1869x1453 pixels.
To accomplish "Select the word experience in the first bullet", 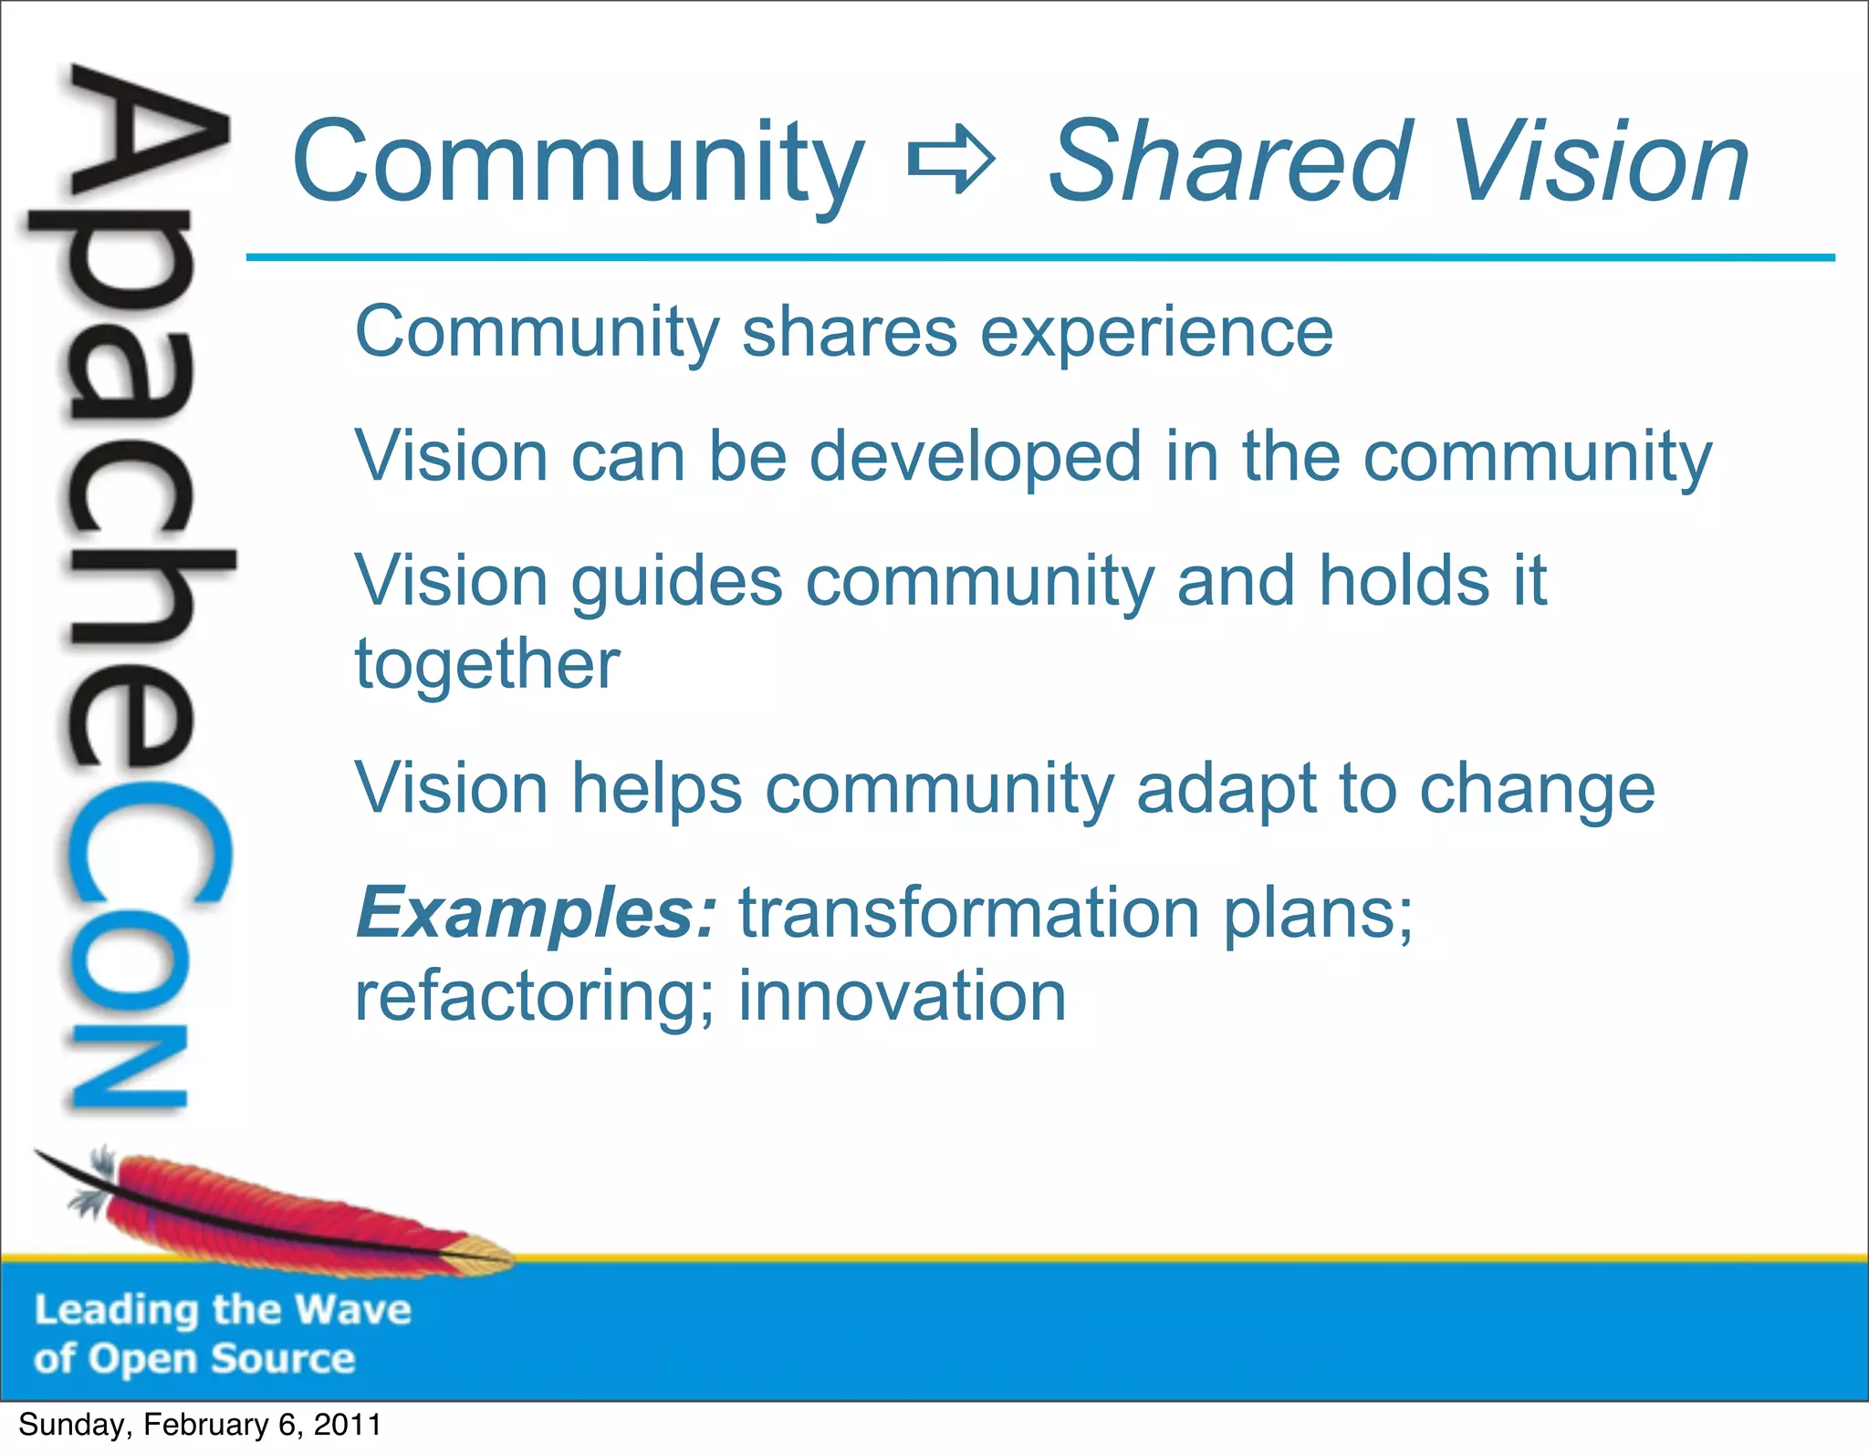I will [x=1156, y=334].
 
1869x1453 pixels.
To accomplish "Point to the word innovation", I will [x=902, y=996].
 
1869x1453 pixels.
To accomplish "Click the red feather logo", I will [x=274, y=1213].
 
